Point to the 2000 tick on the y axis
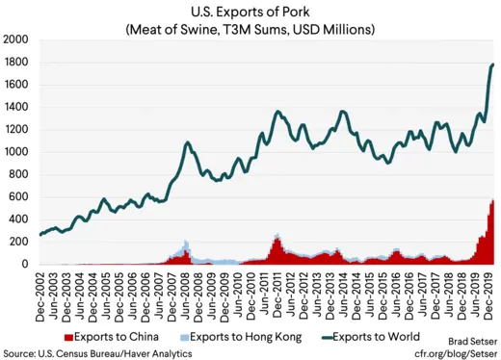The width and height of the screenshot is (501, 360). pyautogui.click(x=17, y=40)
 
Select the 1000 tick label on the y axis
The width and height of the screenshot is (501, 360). pyautogui.click(x=17, y=152)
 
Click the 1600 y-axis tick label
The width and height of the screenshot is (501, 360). pyautogui.click(x=17, y=85)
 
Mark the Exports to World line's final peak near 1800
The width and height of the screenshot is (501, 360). pyautogui.click(x=493, y=65)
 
